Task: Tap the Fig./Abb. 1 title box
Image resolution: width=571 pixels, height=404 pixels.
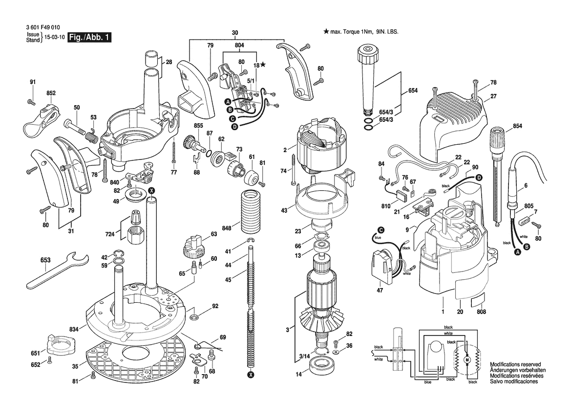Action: [90, 38]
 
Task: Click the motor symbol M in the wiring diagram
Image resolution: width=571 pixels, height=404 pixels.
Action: [466, 360]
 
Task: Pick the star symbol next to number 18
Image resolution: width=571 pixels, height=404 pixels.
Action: [263, 65]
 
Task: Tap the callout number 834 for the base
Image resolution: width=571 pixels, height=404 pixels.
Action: [74, 329]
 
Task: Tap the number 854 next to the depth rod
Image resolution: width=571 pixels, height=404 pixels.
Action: [517, 126]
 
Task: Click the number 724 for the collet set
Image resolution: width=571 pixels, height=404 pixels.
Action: [109, 234]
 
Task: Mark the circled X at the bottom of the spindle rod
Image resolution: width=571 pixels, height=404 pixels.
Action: [251, 375]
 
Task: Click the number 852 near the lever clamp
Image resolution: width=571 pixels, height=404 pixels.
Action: [51, 93]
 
